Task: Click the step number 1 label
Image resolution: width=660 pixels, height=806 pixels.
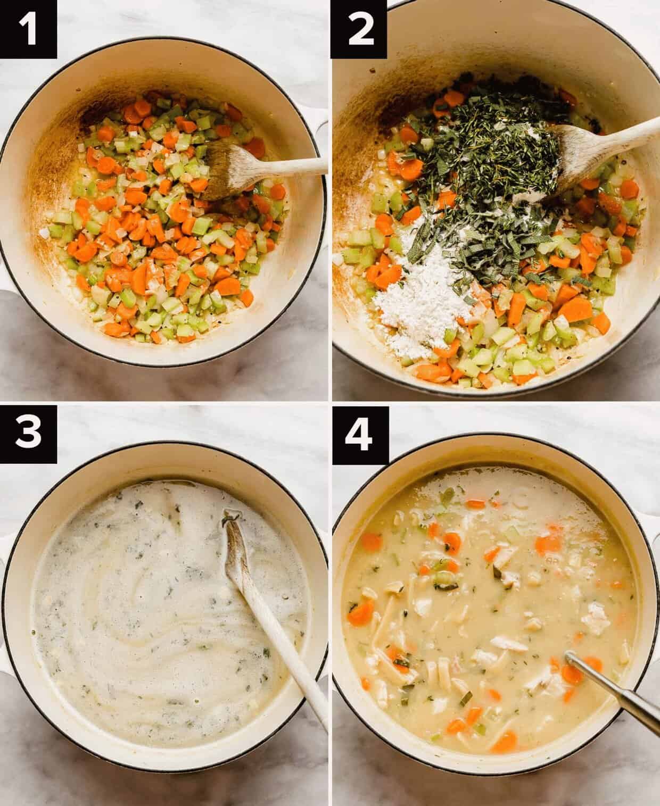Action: (x=28, y=29)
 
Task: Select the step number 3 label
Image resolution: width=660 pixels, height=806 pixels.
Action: (x=28, y=434)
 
